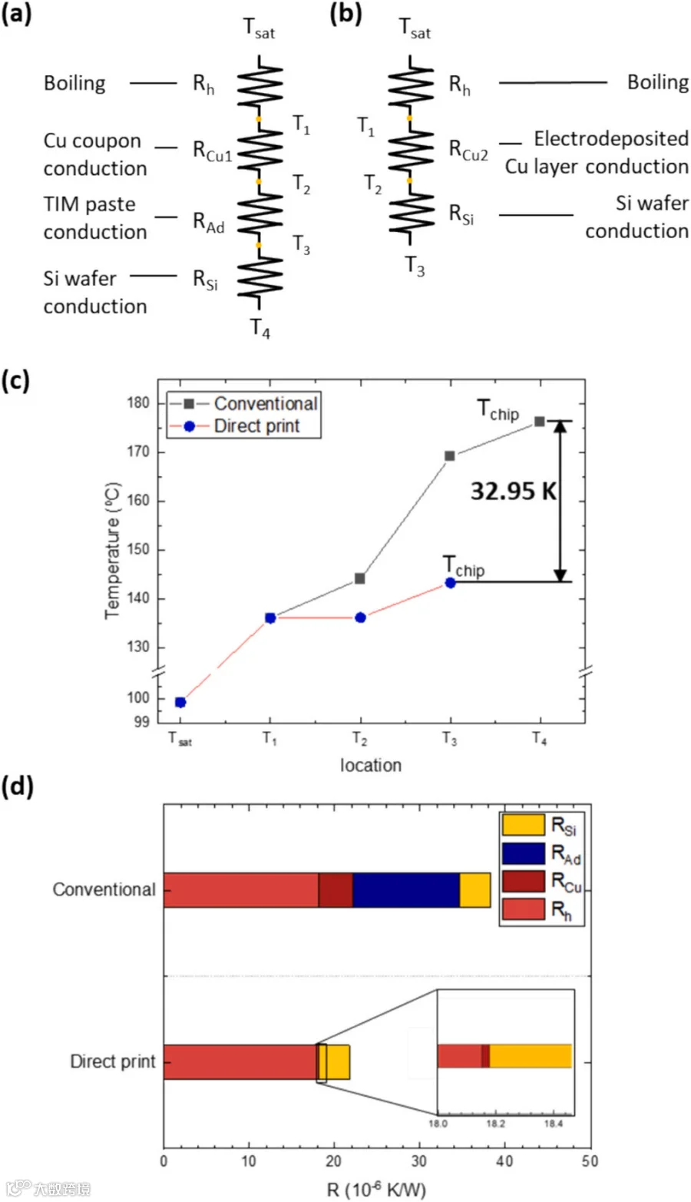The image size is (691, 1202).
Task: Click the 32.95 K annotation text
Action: [x=514, y=491]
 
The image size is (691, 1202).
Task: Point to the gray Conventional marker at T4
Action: [x=540, y=422]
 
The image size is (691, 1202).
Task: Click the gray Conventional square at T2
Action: [x=360, y=578]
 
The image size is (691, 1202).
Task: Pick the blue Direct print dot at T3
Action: [x=451, y=583]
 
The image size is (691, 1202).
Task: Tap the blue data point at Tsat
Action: [x=180, y=703]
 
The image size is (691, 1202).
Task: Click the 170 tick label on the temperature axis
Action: [x=138, y=452]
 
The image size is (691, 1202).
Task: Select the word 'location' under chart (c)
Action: [x=371, y=765]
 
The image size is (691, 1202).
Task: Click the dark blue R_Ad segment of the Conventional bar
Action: [x=406, y=890]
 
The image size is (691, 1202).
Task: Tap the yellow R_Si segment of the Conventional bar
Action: [x=474, y=890]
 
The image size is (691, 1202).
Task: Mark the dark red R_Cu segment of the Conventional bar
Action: [x=336, y=890]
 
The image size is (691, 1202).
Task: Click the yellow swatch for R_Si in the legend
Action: [x=523, y=824]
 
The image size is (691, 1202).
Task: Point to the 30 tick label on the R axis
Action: [x=419, y=1161]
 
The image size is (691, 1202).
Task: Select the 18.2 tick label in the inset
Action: [x=496, y=1123]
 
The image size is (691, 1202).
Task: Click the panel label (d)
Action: [x=17, y=786]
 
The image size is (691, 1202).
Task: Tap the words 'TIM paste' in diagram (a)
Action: [x=90, y=204]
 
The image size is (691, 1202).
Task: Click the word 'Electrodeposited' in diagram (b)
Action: [x=611, y=138]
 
